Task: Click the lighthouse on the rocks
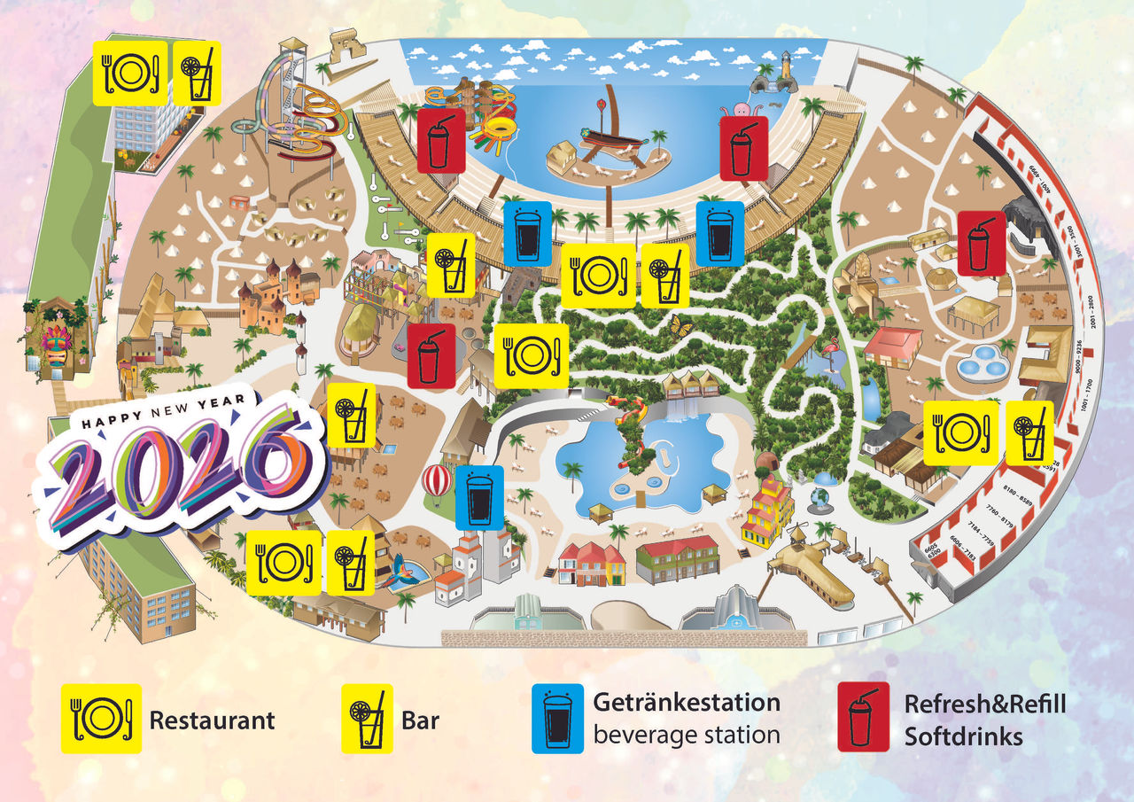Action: tap(784, 69)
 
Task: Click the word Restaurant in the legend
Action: tap(212, 720)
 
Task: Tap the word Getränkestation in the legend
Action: tap(687, 703)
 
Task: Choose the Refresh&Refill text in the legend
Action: tap(984, 705)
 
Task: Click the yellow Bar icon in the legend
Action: tap(367, 719)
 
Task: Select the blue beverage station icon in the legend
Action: tap(557, 719)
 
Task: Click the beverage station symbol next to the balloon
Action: tap(479, 497)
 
